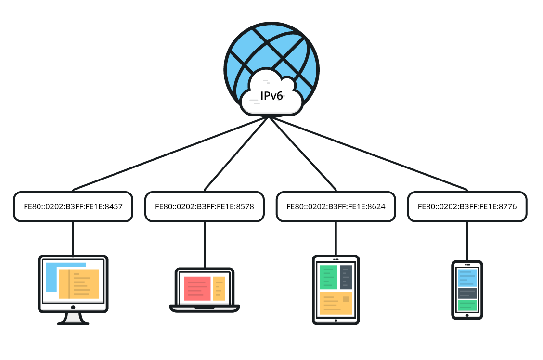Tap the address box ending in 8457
tap(73, 207)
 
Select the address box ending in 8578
tap(205, 207)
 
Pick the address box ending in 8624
tap(336, 207)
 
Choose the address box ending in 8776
tap(467, 207)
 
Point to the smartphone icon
tap(467, 289)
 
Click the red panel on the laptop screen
tap(197, 288)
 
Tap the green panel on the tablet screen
tap(328, 277)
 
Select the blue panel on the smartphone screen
tap(467, 278)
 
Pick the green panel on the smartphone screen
tap(467, 306)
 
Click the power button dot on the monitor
tap(73, 307)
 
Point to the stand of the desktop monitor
tap(73, 319)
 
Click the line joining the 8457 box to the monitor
tap(73, 238)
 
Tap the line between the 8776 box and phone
tap(467, 241)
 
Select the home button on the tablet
tap(336, 319)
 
